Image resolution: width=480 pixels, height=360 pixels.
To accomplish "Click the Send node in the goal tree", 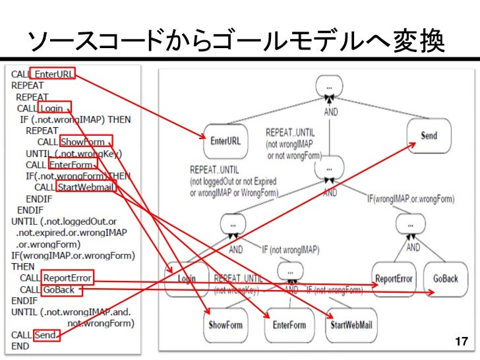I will pos(429,135).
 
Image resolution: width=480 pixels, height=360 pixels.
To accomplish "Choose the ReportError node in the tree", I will pos(394,278).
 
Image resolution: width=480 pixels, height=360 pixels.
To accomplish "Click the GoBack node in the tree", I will pos(446,278).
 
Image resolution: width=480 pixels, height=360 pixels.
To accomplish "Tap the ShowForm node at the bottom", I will pos(225,324).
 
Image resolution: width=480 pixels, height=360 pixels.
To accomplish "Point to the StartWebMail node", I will pos(352,324).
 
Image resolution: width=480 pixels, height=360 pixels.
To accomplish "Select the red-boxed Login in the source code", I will pos(53,108).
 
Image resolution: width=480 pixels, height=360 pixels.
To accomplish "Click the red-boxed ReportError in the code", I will pos(67,278).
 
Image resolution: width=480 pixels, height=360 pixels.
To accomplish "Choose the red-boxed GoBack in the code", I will pos(58,289).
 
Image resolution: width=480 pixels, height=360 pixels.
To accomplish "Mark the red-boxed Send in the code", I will pos(45,335).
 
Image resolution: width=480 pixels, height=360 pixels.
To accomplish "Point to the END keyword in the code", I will pos(20,347).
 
